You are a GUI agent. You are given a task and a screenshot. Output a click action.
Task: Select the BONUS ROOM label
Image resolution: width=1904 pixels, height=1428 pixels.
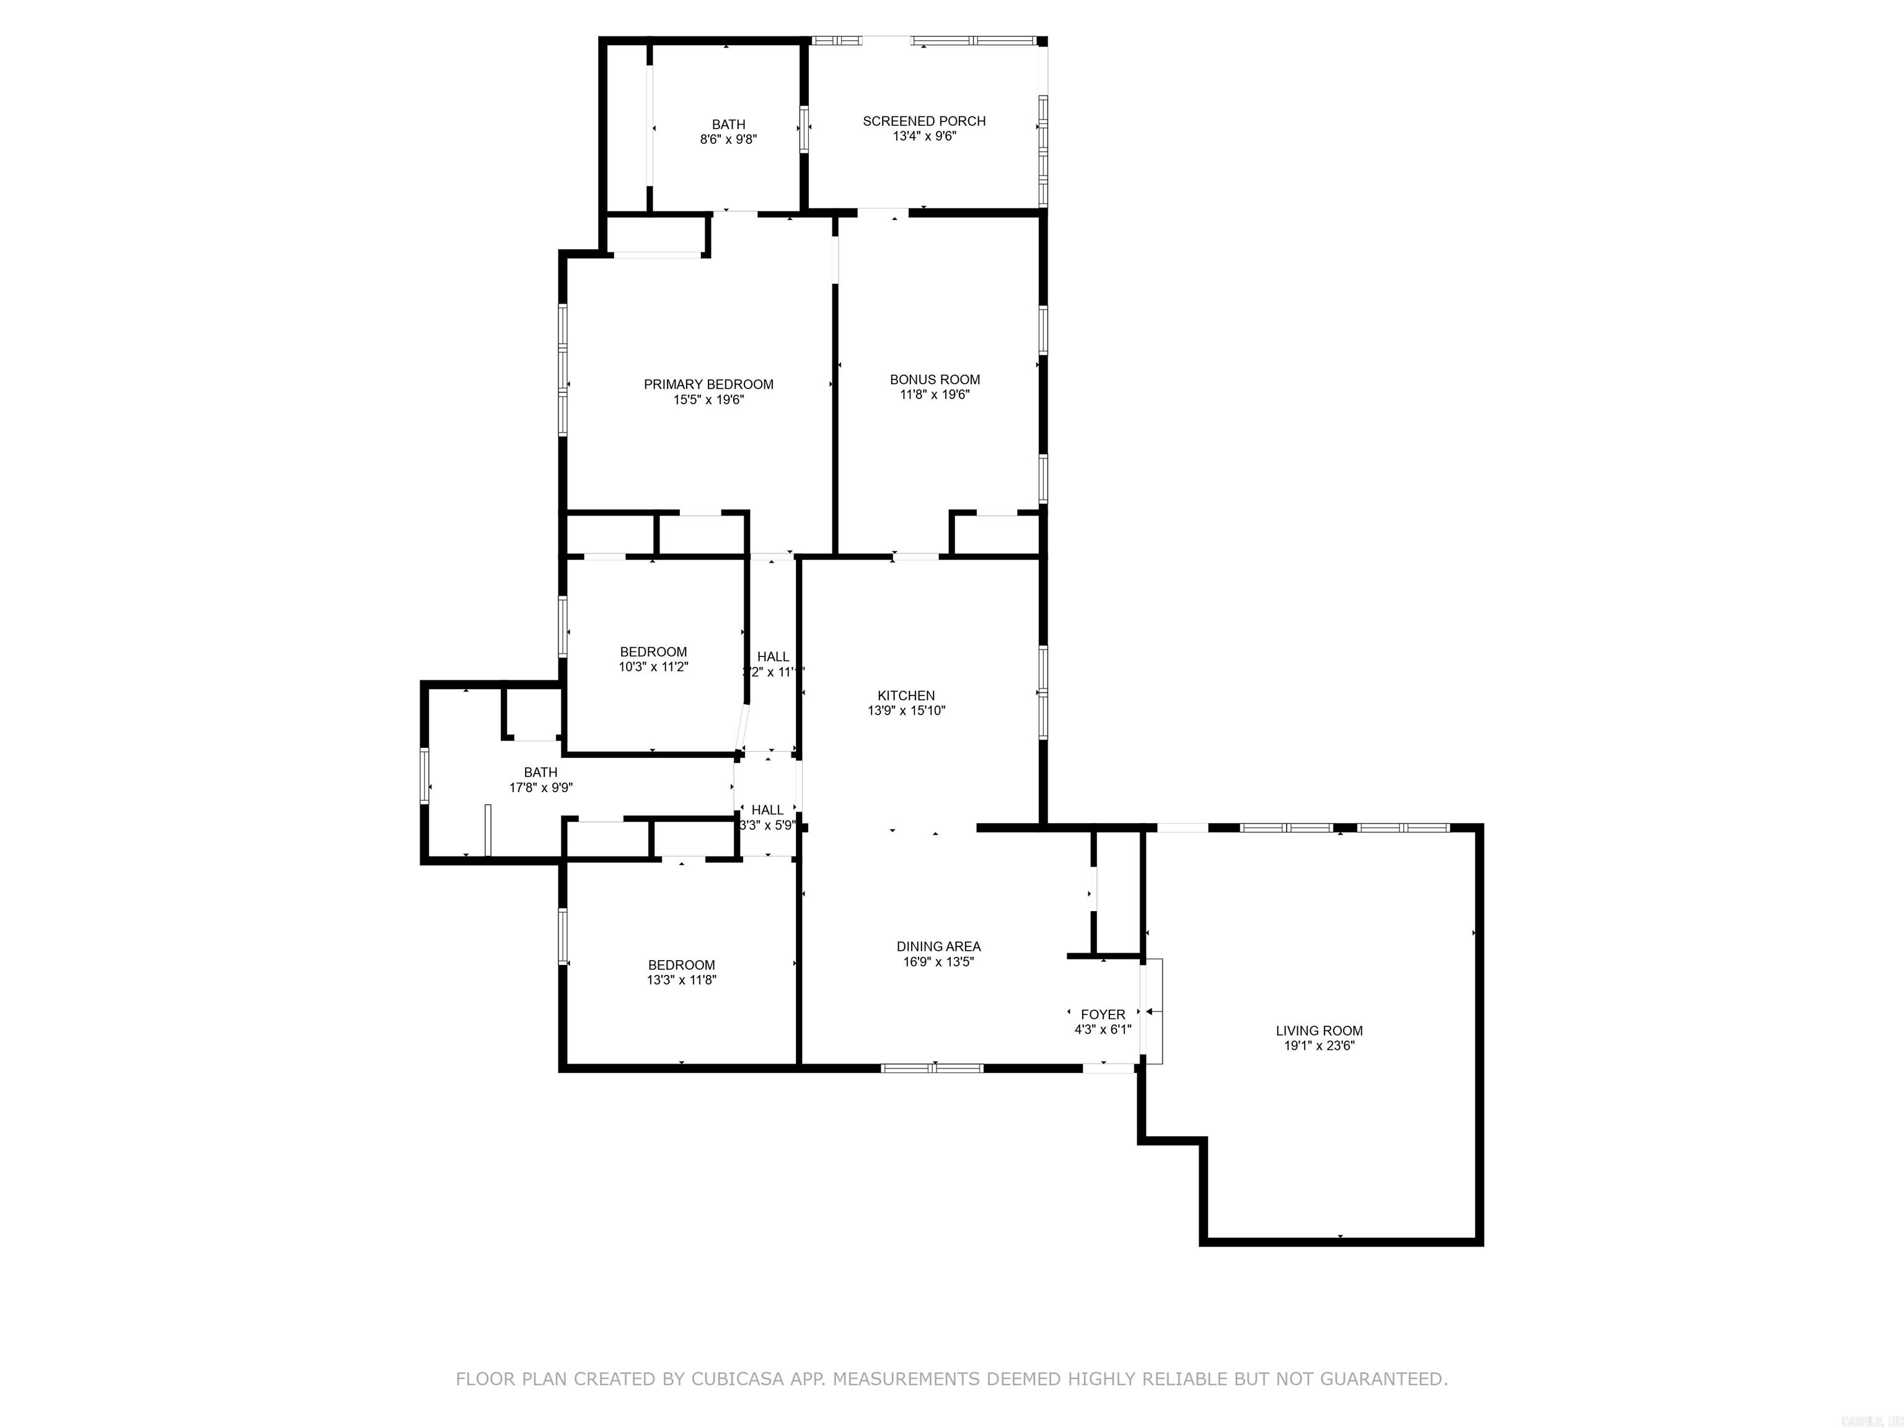click(x=935, y=379)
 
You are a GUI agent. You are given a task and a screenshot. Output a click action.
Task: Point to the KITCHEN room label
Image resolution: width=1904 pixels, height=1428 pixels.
click(x=906, y=695)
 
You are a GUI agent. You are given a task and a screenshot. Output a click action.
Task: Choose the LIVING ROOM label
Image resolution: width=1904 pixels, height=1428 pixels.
click(x=1319, y=1030)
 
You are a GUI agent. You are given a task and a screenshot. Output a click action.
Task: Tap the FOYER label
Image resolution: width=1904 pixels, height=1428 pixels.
click(x=1103, y=1015)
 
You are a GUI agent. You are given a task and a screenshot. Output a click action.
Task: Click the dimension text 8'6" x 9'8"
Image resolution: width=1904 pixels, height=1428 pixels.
click(x=728, y=139)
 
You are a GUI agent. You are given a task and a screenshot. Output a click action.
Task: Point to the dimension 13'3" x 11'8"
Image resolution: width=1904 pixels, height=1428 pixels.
click(x=682, y=979)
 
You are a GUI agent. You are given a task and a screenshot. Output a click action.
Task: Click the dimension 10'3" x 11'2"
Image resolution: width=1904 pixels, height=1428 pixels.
click(x=653, y=666)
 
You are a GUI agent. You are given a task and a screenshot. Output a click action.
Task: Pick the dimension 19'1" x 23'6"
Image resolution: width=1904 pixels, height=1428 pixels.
click(x=1319, y=1046)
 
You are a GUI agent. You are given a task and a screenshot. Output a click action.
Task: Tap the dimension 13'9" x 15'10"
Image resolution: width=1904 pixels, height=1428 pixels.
click(x=906, y=711)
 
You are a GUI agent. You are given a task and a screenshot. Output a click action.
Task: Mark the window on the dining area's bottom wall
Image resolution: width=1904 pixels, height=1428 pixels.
click(x=932, y=1068)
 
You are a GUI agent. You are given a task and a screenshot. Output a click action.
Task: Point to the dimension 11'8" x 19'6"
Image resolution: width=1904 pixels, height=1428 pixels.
click(x=935, y=395)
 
